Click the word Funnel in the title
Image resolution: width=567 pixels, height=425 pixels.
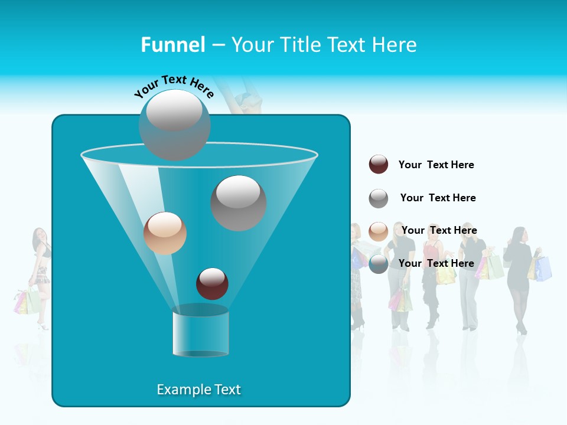tap(172, 45)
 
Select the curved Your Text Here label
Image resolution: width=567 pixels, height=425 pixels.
tap(174, 86)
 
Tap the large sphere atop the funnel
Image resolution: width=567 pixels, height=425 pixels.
tap(174, 125)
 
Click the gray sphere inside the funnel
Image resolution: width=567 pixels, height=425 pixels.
tap(238, 202)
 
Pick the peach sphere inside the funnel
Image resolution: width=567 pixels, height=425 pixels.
tap(165, 233)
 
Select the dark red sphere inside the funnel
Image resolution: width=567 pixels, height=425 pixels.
tap(212, 283)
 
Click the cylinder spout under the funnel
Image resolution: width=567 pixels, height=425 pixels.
tap(200, 331)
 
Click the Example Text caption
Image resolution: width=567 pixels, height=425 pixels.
tap(198, 390)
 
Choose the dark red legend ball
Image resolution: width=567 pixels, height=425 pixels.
tap(379, 164)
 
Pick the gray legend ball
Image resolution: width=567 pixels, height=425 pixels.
tap(379, 198)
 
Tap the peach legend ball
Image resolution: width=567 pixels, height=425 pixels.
tap(379, 231)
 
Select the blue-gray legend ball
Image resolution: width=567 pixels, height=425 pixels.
tap(379, 263)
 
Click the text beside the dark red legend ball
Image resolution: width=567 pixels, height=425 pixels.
tap(436, 165)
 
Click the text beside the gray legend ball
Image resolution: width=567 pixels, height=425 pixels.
tap(438, 198)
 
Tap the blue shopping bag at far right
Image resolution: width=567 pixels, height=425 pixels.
tap(544, 269)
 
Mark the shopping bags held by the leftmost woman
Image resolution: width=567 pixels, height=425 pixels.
tap(27, 301)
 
